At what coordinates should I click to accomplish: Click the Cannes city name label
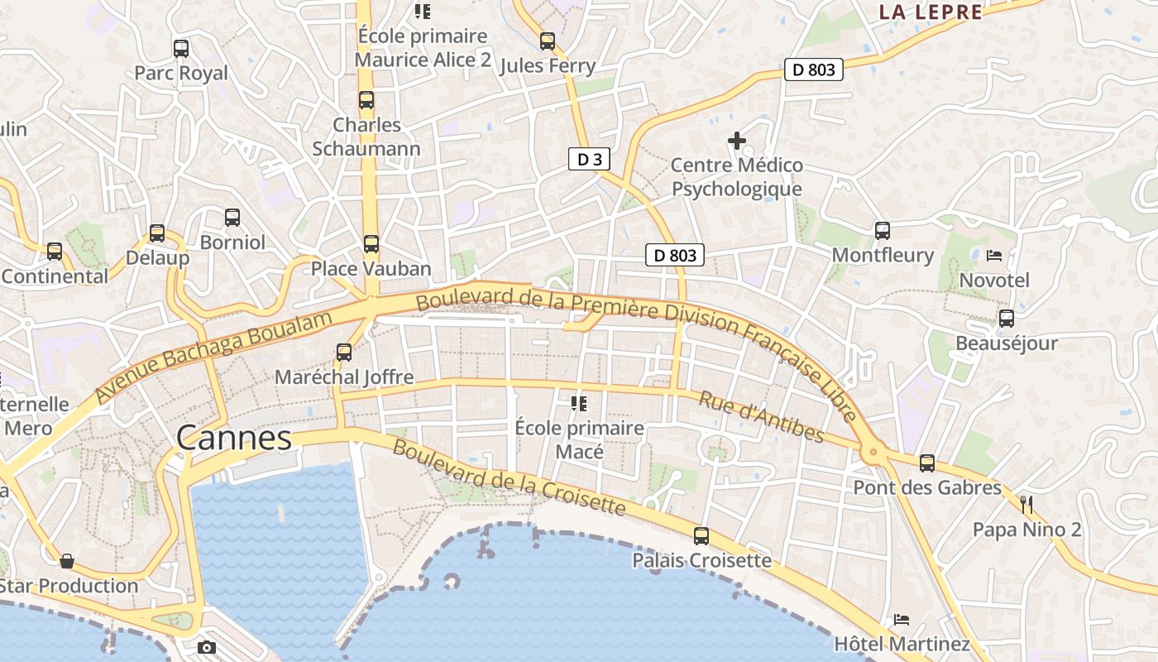tap(234, 439)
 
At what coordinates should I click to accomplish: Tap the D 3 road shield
tap(589, 160)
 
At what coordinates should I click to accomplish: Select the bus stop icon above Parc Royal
tap(181, 49)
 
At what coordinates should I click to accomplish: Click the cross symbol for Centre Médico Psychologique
tap(736, 141)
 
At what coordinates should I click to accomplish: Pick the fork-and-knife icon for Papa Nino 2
tap(1026, 504)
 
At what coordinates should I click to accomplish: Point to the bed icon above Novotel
tap(994, 255)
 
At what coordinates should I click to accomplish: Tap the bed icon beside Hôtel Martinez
tap(901, 619)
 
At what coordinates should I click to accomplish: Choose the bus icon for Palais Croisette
tap(701, 535)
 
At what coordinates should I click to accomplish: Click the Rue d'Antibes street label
tap(762, 416)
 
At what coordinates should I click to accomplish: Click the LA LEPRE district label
tap(931, 12)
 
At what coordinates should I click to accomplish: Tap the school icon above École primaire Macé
tap(579, 404)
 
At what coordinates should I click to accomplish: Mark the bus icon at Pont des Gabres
tap(927, 463)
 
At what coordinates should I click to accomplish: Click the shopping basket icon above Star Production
tap(67, 561)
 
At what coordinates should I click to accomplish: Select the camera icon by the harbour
tap(207, 647)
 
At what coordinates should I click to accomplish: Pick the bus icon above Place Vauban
tap(371, 244)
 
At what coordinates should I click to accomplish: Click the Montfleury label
tap(883, 255)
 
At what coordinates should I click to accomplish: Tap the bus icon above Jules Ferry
tap(548, 41)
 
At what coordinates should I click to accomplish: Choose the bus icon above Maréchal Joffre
tap(344, 353)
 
